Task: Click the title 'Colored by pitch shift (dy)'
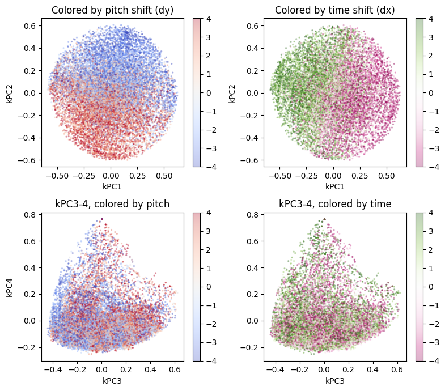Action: pyautogui.click(x=112, y=10)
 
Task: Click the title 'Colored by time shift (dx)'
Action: pyautogui.click(x=334, y=10)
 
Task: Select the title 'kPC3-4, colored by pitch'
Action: pyautogui.click(x=112, y=204)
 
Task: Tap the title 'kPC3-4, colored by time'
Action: pyautogui.click(x=334, y=204)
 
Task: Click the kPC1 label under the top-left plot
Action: pyautogui.click(x=112, y=186)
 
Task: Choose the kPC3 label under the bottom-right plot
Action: pyautogui.click(x=334, y=381)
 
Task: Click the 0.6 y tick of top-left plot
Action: pyautogui.click(x=29, y=25)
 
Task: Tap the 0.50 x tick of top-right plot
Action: pyautogui.click(x=387, y=176)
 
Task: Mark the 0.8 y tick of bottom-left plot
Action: pyautogui.click(x=29, y=215)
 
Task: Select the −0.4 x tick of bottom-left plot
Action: pyautogui.click(x=53, y=369)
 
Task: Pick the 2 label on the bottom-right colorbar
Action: pyautogui.click(x=431, y=250)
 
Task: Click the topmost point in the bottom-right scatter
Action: pyautogui.click(x=324, y=219)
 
